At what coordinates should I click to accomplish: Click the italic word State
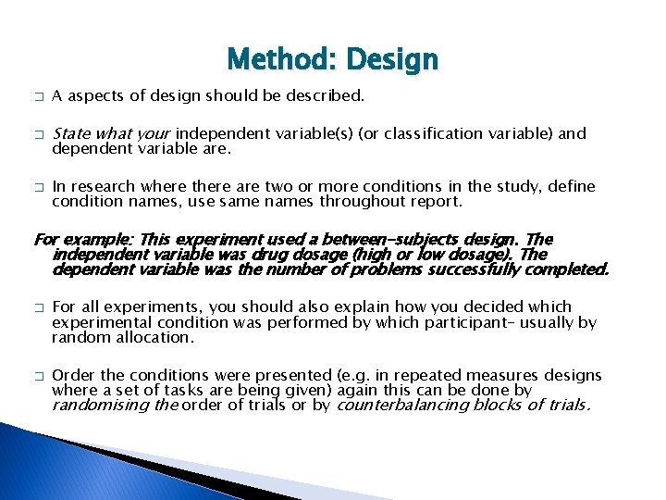pyautogui.click(x=70, y=132)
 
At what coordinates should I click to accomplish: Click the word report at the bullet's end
pyautogui.click(x=436, y=200)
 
